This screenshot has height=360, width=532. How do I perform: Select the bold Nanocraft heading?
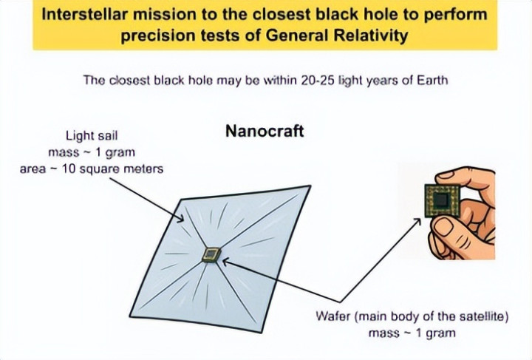pyautogui.click(x=265, y=131)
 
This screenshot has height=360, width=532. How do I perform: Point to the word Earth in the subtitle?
pyautogui.click(x=432, y=81)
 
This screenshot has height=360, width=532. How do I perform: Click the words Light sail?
pyautogui.click(x=92, y=136)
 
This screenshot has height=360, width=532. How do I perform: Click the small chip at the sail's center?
pyautogui.click(x=211, y=255)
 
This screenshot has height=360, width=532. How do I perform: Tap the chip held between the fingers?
pyautogui.click(x=443, y=200)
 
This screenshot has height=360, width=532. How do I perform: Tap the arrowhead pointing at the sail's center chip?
pyautogui.click(x=225, y=261)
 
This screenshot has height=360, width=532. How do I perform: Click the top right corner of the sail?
pyautogui.click(x=310, y=186)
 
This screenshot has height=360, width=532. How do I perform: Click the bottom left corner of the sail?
pyautogui.click(x=130, y=316)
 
